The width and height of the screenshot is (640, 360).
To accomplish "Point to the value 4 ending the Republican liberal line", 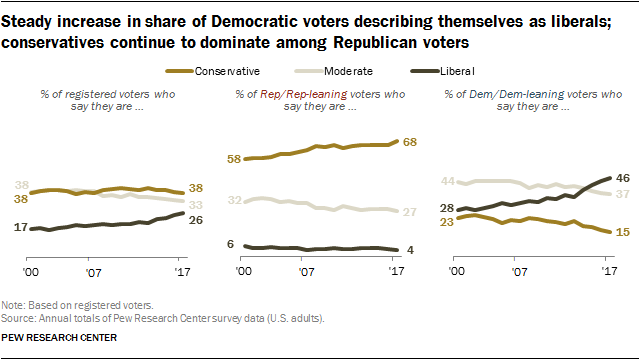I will pyautogui.click(x=409, y=250).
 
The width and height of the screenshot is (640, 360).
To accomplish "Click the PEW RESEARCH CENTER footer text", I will pyautogui.click(x=60, y=338).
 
